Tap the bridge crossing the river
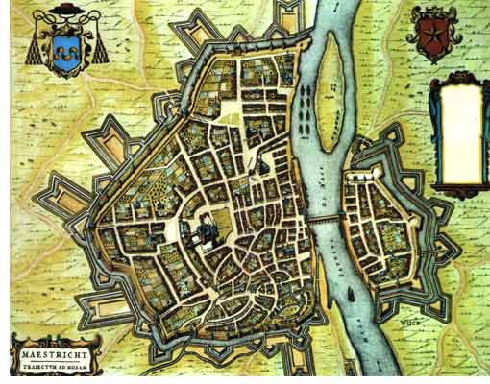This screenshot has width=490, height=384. coord(326,220)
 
